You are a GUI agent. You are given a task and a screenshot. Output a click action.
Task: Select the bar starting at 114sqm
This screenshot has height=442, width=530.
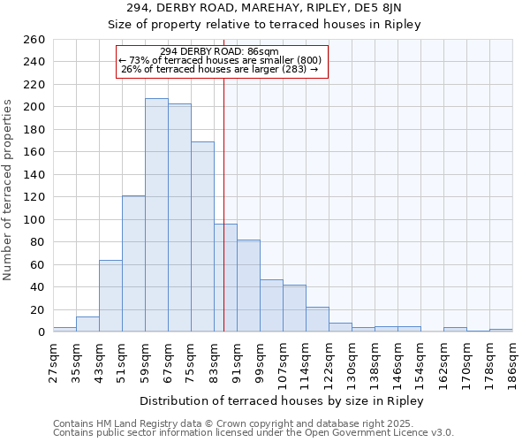317,319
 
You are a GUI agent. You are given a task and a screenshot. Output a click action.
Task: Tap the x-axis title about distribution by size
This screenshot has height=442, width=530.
282,401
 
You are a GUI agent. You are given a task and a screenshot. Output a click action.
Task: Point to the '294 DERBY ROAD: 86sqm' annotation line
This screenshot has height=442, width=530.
220,51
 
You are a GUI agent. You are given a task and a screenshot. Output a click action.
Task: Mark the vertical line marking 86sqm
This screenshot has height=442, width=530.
223,221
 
